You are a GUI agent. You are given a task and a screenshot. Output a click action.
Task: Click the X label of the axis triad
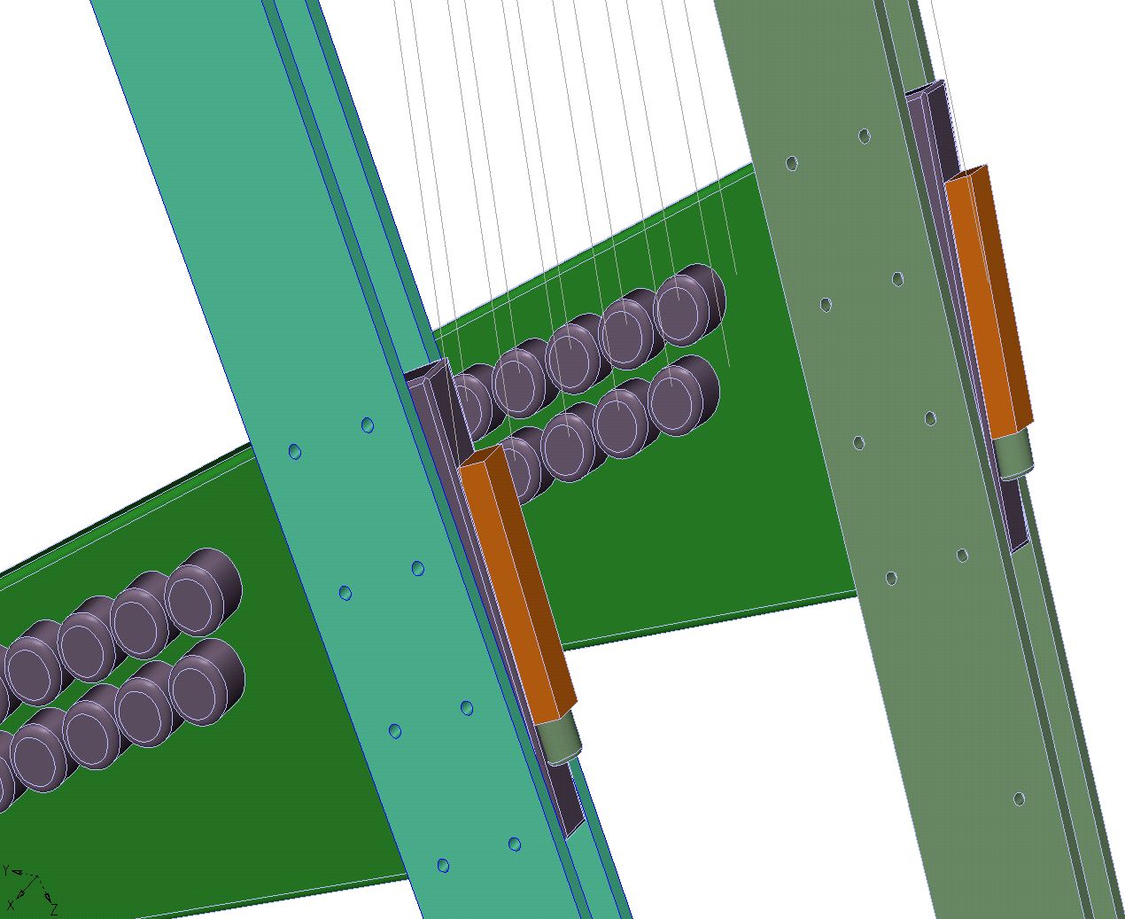pyautogui.click(x=11, y=904)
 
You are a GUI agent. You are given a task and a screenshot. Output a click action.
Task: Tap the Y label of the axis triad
pyautogui.click(x=6, y=870)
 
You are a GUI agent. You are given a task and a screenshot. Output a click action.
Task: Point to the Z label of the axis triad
pyautogui.click(x=53, y=907)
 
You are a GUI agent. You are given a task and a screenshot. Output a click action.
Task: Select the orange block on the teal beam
pyautogui.click(x=517, y=584)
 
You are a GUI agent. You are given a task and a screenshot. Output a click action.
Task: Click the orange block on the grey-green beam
pyautogui.click(x=990, y=301)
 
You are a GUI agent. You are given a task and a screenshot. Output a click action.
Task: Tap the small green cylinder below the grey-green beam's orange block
pyautogui.click(x=1014, y=456)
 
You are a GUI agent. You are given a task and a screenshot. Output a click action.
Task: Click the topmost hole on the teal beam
pyautogui.click(x=368, y=425)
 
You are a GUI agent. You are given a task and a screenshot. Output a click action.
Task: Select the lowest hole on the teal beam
pyautogui.click(x=443, y=865)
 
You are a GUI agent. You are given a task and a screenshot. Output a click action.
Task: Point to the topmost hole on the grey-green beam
pyautogui.click(x=865, y=136)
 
